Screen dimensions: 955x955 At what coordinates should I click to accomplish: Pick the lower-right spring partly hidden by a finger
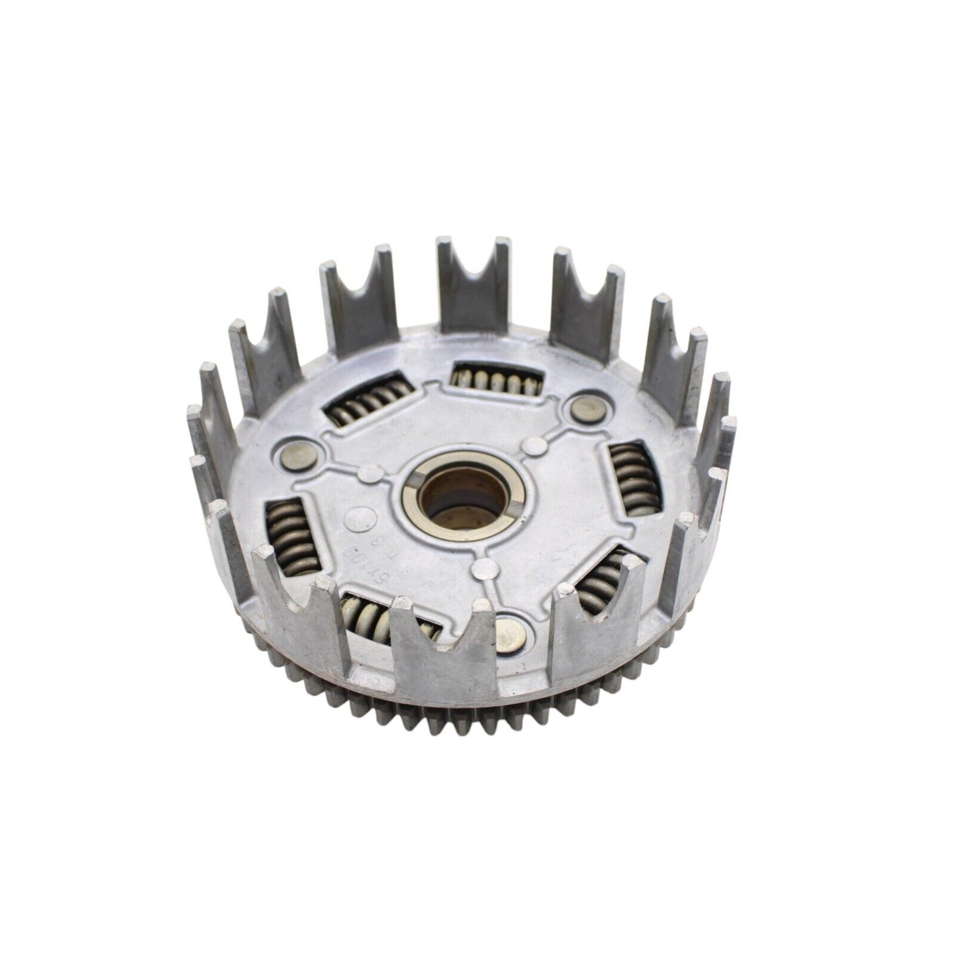tap(598, 581)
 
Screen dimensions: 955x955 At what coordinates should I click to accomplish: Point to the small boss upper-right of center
tap(532, 448)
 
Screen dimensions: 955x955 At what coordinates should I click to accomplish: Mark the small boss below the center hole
tap(486, 565)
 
